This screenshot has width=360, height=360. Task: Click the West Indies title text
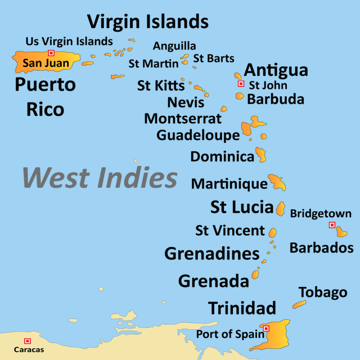pyautogui.click(x=100, y=178)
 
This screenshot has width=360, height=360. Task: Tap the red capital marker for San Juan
pyautogui.click(x=51, y=53)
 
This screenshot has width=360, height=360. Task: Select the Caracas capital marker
pyautogui.click(x=28, y=341)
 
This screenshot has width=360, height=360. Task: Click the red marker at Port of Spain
pyautogui.click(x=266, y=328)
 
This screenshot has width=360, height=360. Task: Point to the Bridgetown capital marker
pyautogui.click(x=332, y=225)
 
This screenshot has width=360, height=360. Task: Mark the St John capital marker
pyautogui.click(x=241, y=84)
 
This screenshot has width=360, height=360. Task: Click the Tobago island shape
pyautogui.click(x=299, y=305)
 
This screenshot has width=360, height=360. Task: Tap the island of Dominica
pyautogui.click(x=261, y=155)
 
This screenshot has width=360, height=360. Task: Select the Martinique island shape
pyautogui.click(x=277, y=182)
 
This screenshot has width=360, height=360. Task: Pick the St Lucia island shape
pyautogui.click(x=280, y=208)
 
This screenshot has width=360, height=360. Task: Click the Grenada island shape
pyautogui.click(x=255, y=274)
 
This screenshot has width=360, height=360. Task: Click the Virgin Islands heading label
pyautogui.click(x=147, y=21)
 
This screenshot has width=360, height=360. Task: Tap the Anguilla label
pyautogui.click(x=174, y=46)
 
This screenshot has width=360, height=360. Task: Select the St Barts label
pyautogui.click(x=214, y=58)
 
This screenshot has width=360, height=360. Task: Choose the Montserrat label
pyautogui.click(x=183, y=119)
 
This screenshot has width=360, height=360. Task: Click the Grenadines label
pyautogui.click(x=211, y=254)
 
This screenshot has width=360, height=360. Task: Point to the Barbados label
pyautogui.click(x=321, y=248)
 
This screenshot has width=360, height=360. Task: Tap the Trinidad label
pyautogui.click(x=242, y=308)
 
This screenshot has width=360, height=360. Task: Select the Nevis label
pyautogui.click(x=186, y=102)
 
